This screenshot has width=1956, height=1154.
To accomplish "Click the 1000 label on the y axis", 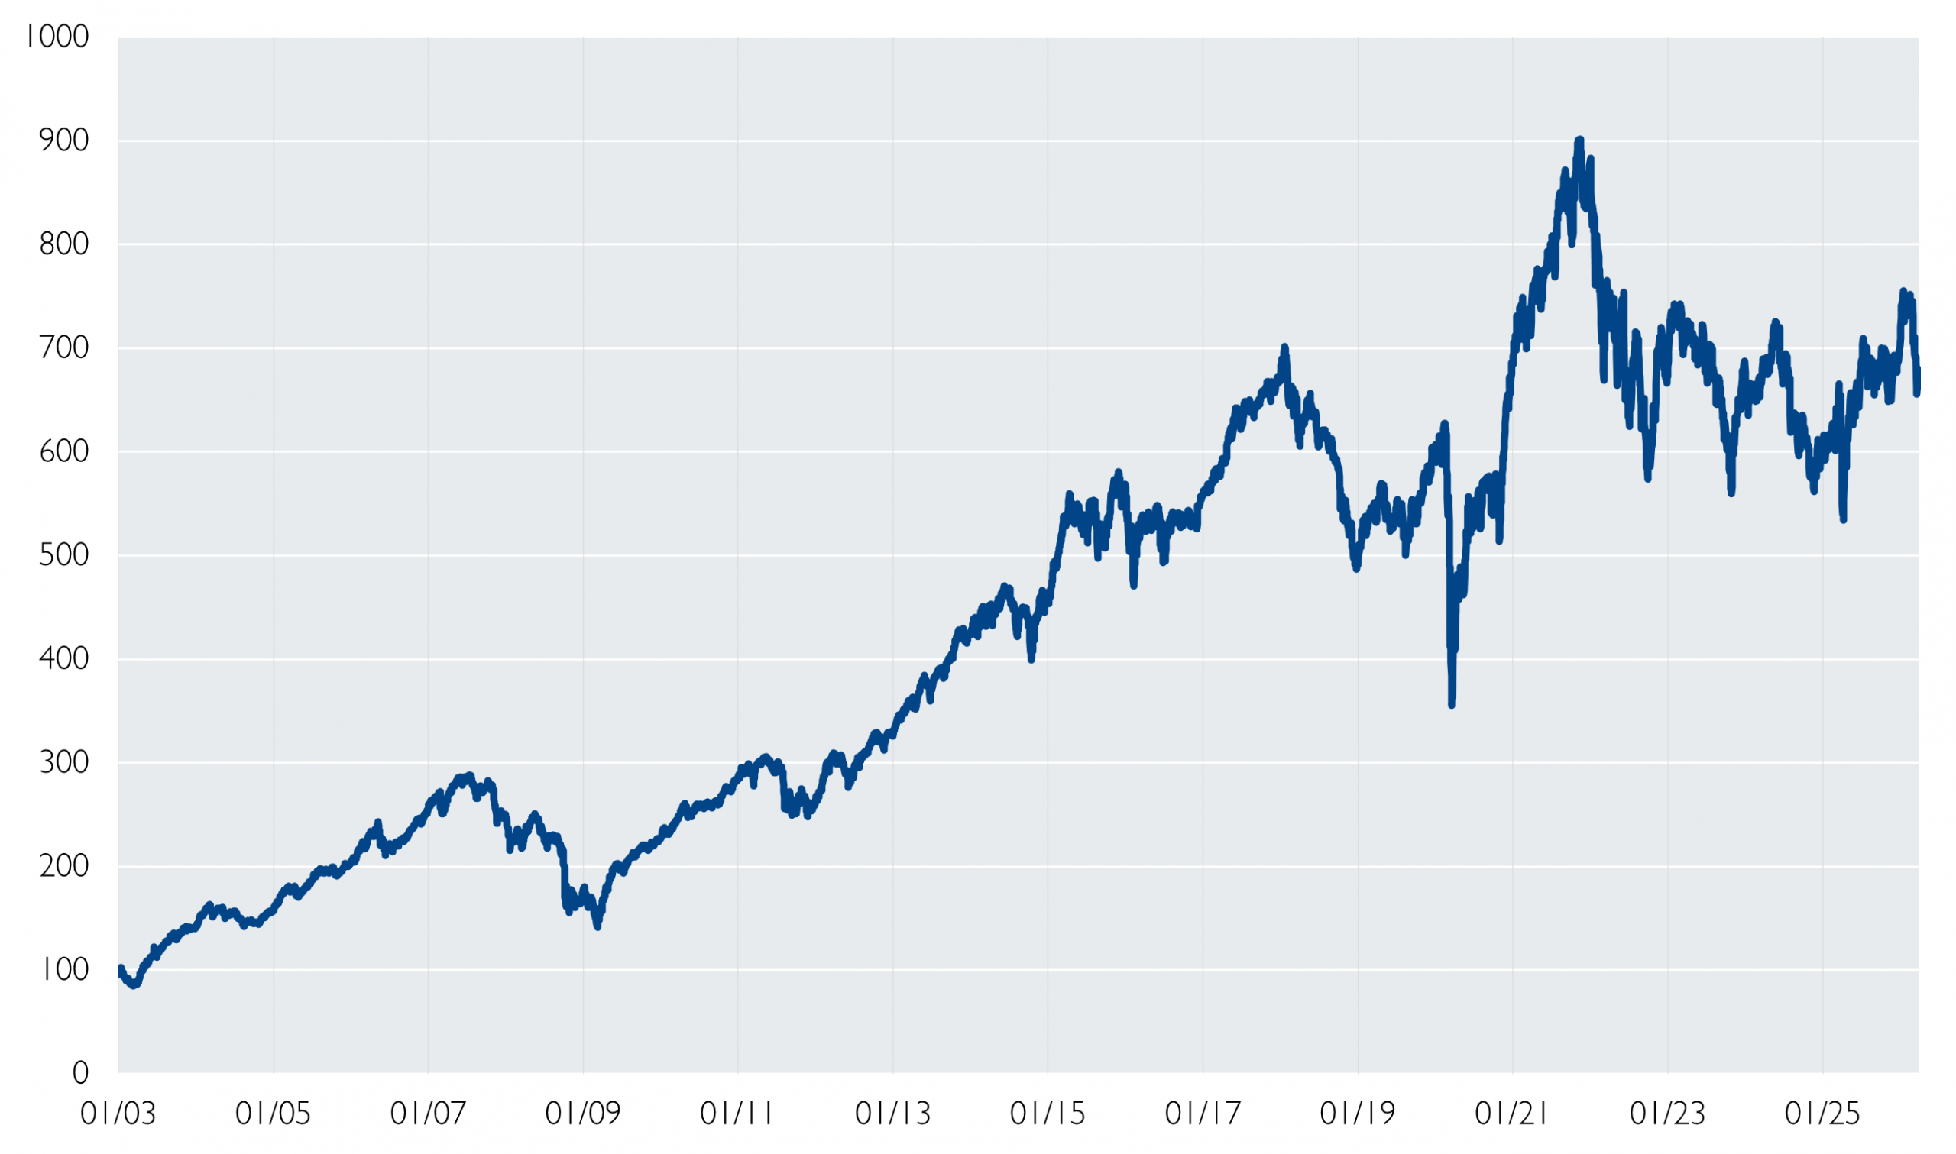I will (57, 37).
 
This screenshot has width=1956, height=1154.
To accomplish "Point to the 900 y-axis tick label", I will (63, 141).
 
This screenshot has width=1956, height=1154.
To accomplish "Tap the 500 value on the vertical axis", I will (63, 555).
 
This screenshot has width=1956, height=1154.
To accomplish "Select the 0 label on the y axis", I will (81, 1074).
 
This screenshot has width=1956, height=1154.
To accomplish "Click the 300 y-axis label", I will (63, 763).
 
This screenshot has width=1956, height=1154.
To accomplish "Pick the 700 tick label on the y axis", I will (63, 347).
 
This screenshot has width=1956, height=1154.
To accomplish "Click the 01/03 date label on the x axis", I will (118, 1114).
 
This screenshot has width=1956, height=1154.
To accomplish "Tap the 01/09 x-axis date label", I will (583, 1114).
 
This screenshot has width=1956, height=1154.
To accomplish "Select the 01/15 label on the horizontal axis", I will (1048, 1114).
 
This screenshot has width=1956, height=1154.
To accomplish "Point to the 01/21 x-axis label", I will (1513, 1114).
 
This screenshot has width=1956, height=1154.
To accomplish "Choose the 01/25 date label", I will (1822, 1114).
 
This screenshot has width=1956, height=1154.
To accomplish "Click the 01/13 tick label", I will (893, 1114).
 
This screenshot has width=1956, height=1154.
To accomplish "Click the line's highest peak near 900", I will (1579, 141).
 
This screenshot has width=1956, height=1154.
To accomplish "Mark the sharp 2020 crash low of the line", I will (1451, 703).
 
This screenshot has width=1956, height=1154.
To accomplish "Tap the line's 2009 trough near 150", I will (597, 926).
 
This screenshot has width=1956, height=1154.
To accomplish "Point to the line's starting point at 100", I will (120, 970).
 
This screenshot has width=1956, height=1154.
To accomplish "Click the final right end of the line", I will (1917, 381).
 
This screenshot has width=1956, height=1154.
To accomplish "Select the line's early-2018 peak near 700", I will (1284, 347).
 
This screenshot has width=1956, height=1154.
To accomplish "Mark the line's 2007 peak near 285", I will (468, 776).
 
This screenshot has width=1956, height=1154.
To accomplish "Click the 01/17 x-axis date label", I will (1203, 1114).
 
